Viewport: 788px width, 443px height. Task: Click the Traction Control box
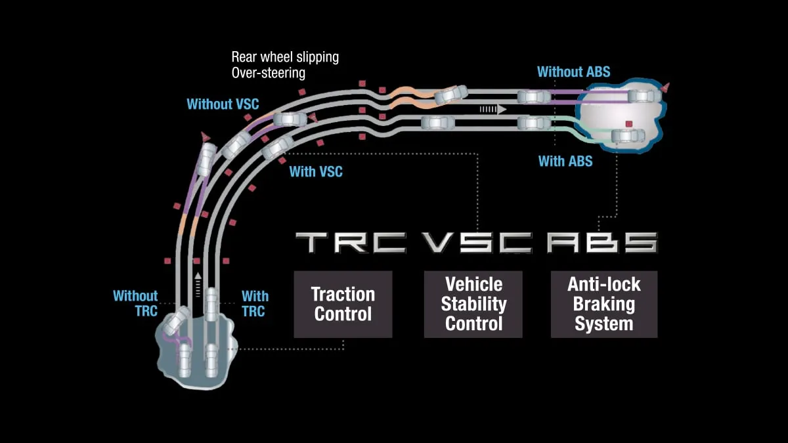click(x=343, y=304)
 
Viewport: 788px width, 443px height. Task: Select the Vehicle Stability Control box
click(x=473, y=304)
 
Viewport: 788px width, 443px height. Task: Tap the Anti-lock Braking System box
click(x=603, y=304)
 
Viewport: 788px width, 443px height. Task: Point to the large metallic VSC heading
click(x=476, y=243)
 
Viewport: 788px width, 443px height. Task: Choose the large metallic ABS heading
click(x=602, y=243)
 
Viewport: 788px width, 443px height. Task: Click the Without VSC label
click(x=223, y=104)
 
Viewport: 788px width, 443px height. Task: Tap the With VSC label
click(x=316, y=172)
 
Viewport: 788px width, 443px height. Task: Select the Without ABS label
click(x=573, y=72)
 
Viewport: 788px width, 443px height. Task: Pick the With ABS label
click(x=565, y=161)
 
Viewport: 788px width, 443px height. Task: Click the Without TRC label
click(x=135, y=303)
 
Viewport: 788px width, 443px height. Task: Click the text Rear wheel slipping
click(x=285, y=57)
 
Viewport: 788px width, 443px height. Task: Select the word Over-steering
click(x=268, y=73)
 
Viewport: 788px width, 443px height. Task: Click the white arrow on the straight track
click(x=492, y=110)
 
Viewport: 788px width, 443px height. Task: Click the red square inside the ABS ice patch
click(x=628, y=123)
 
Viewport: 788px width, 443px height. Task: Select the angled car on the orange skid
click(x=452, y=94)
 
